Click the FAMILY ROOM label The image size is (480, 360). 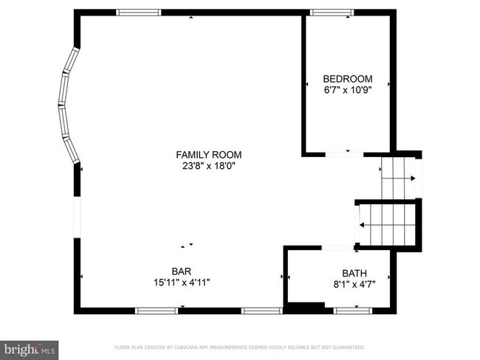coord(208,155)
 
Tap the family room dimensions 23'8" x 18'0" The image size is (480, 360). coord(208,166)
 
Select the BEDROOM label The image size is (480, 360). coord(348,79)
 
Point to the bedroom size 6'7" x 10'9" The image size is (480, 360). coord(348,90)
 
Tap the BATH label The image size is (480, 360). coord(353,273)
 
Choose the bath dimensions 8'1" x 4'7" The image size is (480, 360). coord(353,284)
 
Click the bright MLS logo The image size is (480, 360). coord(30,347)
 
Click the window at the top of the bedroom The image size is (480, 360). coord(331,12)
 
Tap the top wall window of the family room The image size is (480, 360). coord(139,12)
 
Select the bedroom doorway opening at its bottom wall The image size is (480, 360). coord(340,153)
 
